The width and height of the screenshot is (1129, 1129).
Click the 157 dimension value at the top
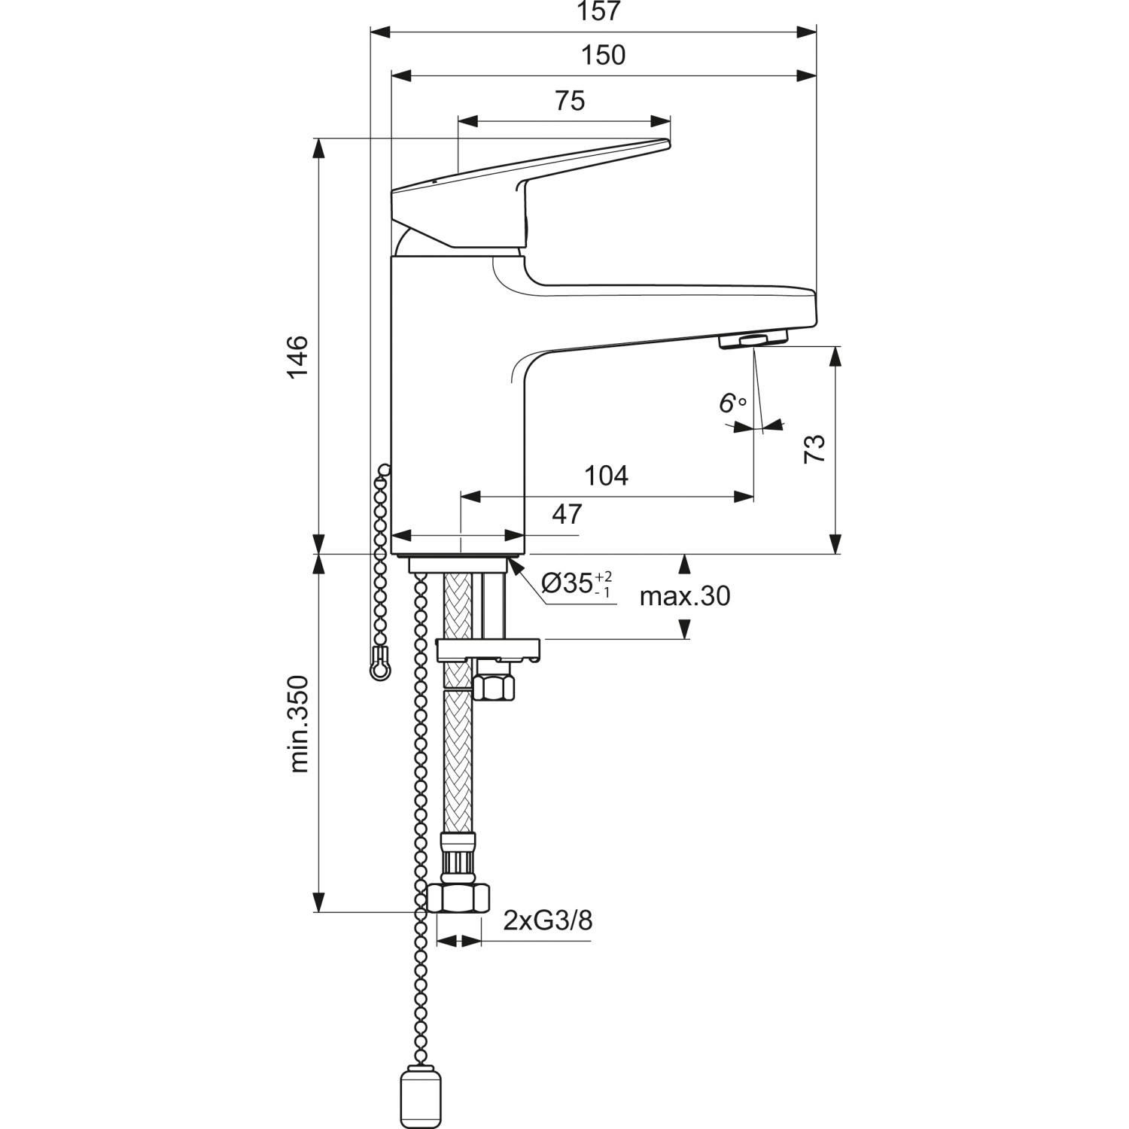click(599, 11)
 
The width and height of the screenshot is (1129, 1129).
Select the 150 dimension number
click(604, 55)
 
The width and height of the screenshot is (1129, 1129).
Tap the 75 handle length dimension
click(570, 100)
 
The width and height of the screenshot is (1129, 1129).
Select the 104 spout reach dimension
click(606, 476)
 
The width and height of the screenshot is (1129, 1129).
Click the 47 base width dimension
click(567, 514)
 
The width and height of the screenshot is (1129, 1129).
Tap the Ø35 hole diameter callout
click(577, 583)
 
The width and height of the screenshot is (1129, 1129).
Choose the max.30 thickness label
click(684, 596)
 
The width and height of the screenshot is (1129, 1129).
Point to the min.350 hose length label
click(300, 723)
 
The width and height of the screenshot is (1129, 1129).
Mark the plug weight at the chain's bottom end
click(415, 1100)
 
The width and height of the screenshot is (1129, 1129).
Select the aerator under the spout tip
click(753, 339)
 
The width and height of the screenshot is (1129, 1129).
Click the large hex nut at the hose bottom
click(458, 899)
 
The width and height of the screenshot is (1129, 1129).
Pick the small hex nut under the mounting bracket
click(494, 687)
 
